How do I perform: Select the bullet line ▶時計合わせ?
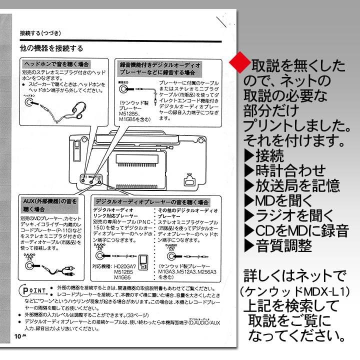[284, 170]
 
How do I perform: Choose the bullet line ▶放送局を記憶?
[291, 186]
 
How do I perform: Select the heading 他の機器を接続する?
[51, 48]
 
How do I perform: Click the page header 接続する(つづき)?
[40, 33]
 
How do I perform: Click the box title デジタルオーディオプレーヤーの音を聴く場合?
[152, 202]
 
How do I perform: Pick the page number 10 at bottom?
[18, 335]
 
